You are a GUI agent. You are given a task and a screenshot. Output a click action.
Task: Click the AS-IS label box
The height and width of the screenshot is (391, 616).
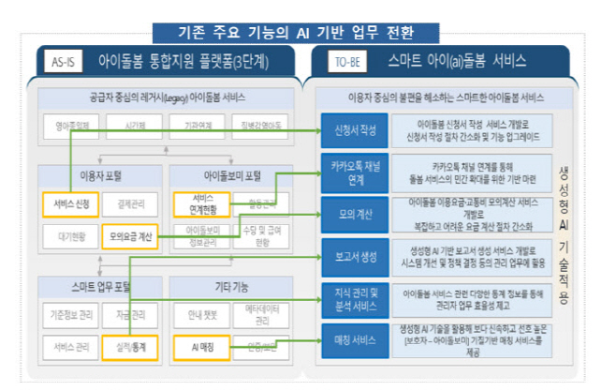65,63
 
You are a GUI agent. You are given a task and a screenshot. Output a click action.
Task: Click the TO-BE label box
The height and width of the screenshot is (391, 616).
340,63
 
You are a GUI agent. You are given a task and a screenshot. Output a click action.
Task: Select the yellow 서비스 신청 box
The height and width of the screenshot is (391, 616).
69,203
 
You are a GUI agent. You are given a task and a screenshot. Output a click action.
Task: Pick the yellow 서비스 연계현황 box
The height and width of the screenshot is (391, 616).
196,203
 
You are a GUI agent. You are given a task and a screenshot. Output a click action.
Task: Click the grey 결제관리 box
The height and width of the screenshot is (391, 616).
130,203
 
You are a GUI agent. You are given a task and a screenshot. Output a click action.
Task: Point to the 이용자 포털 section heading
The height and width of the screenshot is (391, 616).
99,174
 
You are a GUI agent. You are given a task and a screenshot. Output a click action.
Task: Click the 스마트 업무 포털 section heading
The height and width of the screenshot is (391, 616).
99,285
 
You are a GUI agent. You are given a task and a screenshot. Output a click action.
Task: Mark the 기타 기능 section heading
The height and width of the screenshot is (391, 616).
228,285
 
